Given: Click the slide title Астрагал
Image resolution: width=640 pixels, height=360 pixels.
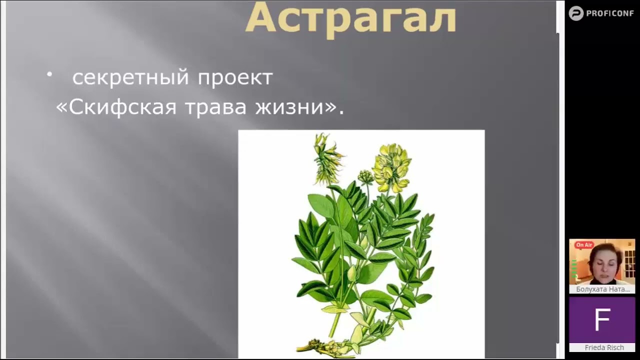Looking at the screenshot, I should coord(350,18).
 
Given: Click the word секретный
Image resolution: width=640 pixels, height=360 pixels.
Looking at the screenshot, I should coord(131,77).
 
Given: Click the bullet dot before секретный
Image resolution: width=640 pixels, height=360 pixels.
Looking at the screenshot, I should coord(49,74).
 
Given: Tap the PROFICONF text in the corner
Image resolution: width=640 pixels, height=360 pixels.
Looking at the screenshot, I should coord(610,13).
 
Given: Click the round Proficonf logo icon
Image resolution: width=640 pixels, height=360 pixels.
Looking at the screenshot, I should coord(576,13).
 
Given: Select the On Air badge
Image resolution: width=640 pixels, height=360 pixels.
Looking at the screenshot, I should coord(583,245).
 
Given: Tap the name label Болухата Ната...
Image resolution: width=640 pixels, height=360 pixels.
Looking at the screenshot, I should coord(602,289).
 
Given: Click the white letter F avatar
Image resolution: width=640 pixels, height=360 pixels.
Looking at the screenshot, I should coord(602,320).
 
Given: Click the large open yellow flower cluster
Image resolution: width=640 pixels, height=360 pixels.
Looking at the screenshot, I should coord(391,167).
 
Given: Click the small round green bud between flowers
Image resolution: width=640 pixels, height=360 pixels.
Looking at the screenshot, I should coord(365,176).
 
